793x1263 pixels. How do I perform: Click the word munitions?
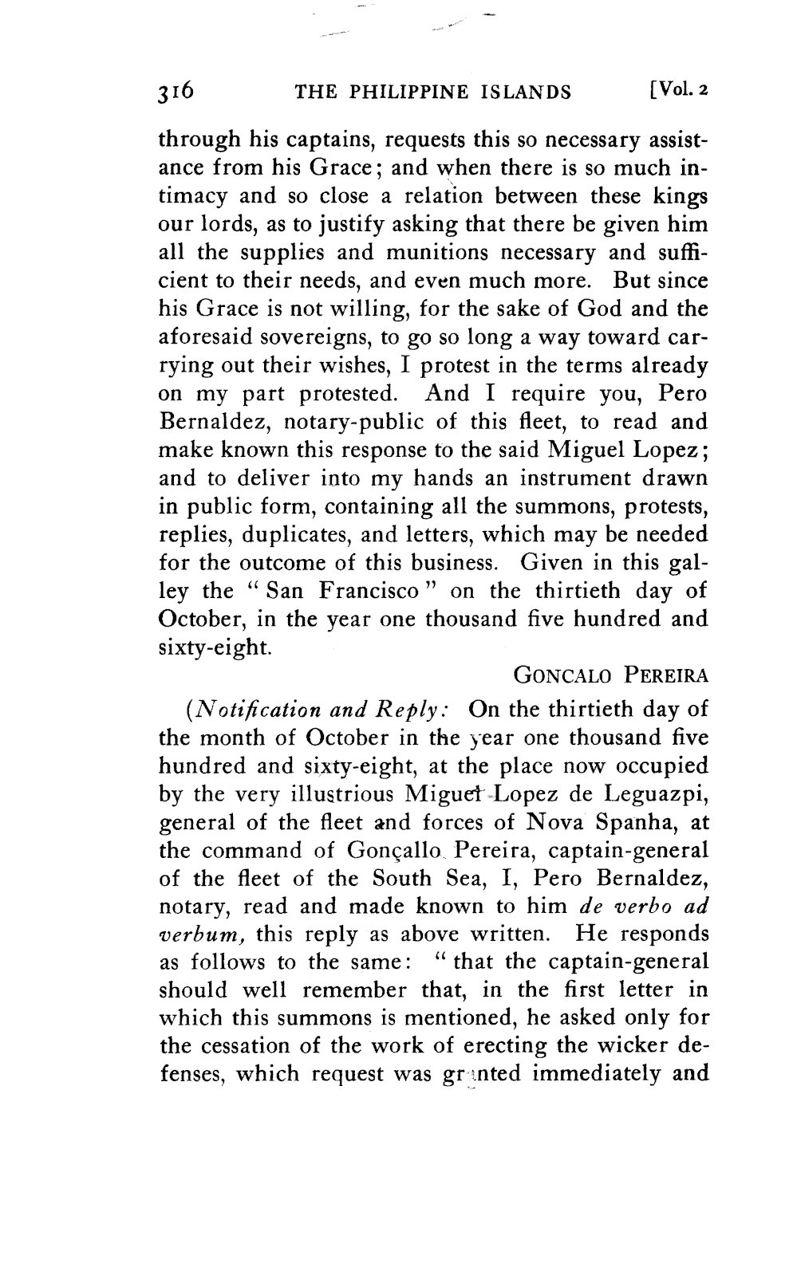click(455, 253)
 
